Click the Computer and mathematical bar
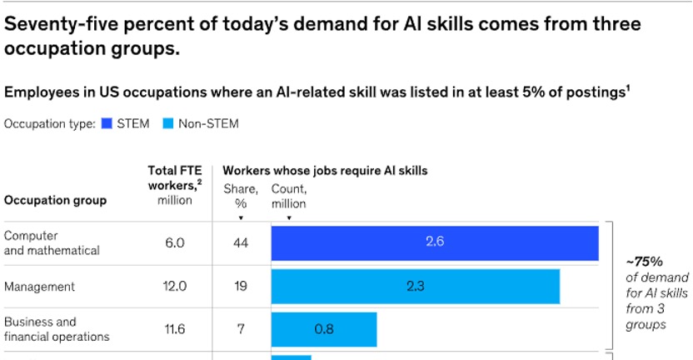pyautogui.click(x=434, y=242)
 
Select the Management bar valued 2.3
pyautogui.click(x=415, y=286)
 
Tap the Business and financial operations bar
pyautogui.click(x=324, y=329)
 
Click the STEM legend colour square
pyautogui.click(x=106, y=124)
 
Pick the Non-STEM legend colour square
pyautogui.click(x=167, y=124)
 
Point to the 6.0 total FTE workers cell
pyautogui.click(x=174, y=242)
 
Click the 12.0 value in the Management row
pyautogui.click(x=174, y=286)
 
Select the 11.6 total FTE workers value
pyautogui.click(x=174, y=329)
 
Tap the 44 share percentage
pyautogui.click(x=241, y=242)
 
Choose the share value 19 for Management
pyautogui.click(x=241, y=286)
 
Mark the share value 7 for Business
pyautogui.click(x=241, y=329)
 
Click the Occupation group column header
pyautogui.click(x=55, y=201)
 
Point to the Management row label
pyautogui.click(x=39, y=287)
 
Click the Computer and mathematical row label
pyautogui.click(x=52, y=242)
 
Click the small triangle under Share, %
pyautogui.click(x=241, y=217)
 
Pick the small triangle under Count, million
pyautogui.click(x=288, y=217)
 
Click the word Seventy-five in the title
pyautogui.click(x=62, y=23)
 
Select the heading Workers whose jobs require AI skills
pyautogui.click(x=325, y=171)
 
